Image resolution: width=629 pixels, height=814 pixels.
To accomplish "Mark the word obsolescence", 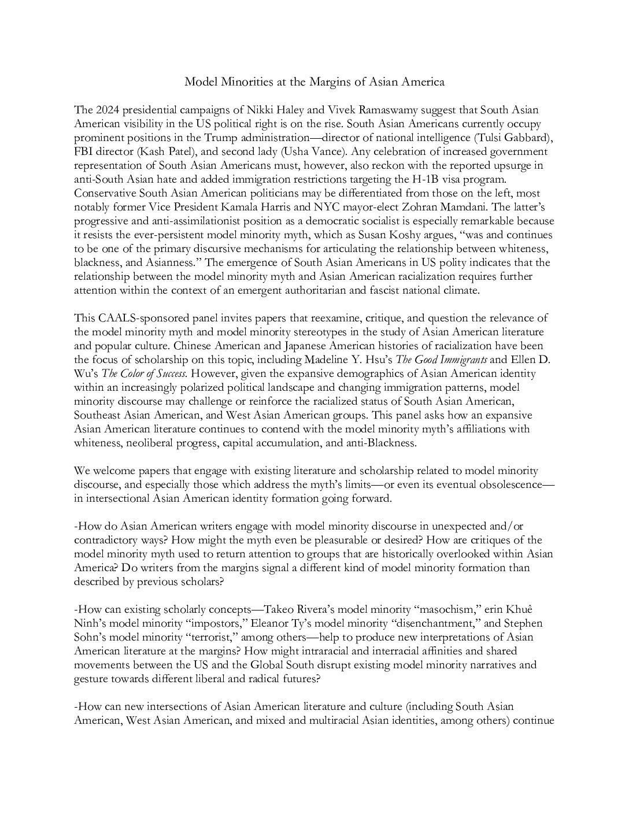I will [510, 484].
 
